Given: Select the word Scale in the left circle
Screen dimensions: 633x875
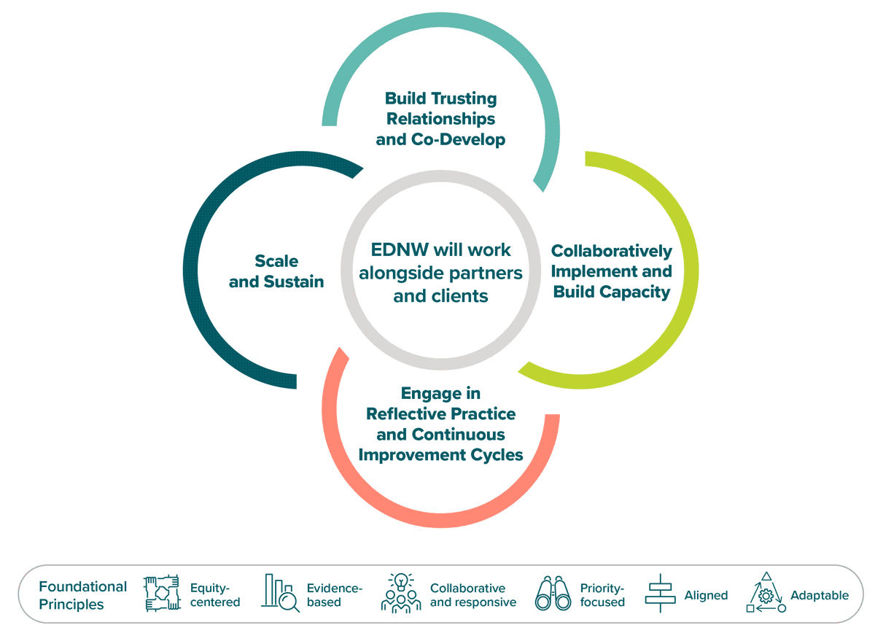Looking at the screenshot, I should tap(276, 261).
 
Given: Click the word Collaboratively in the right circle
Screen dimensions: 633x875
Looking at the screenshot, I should tap(611, 251).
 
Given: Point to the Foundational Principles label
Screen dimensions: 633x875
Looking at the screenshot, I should tap(82, 595).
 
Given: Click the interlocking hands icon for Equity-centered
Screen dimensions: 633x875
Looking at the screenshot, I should tap(161, 594).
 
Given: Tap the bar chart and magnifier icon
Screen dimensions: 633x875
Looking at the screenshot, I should tap(281, 594).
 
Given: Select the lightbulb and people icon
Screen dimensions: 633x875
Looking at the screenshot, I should tap(401, 592).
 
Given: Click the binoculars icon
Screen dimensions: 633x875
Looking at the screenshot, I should tap(553, 594).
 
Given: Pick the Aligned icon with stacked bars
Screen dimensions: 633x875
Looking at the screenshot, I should tap(659, 594).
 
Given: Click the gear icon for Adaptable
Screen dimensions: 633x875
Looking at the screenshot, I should tap(766, 595).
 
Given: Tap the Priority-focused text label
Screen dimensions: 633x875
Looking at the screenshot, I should tap(602, 595).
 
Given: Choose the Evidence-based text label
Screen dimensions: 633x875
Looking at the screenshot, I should tap(334, 595).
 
